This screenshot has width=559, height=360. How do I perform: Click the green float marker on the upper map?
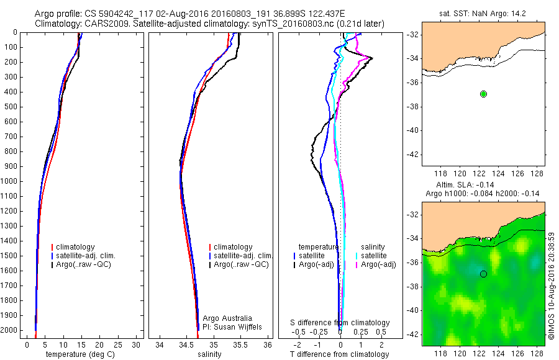(x=483, y=94)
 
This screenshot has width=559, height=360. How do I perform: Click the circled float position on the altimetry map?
(x=483, y=274)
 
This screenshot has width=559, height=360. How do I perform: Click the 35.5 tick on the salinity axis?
(x=240, y=344)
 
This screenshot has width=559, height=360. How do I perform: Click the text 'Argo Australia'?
(x=227, y=318)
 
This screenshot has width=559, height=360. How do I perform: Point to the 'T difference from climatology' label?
(x=340, y=354)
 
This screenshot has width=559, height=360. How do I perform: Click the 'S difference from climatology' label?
(x=340, y=323)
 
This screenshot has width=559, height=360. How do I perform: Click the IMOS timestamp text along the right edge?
(x=552, y=286)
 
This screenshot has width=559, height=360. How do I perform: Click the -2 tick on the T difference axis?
(x=297, y=344)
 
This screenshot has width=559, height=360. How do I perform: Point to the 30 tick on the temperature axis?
(x=136, y=344)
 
